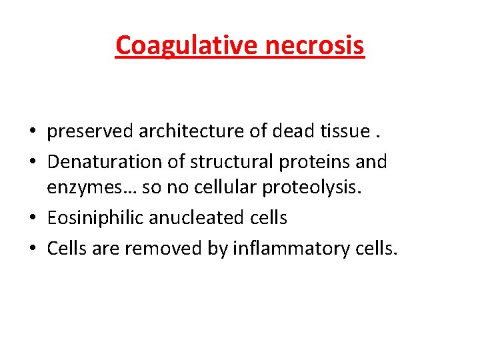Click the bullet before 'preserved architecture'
[32, 133]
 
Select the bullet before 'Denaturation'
[32, 162]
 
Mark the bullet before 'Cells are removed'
[32, 249]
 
